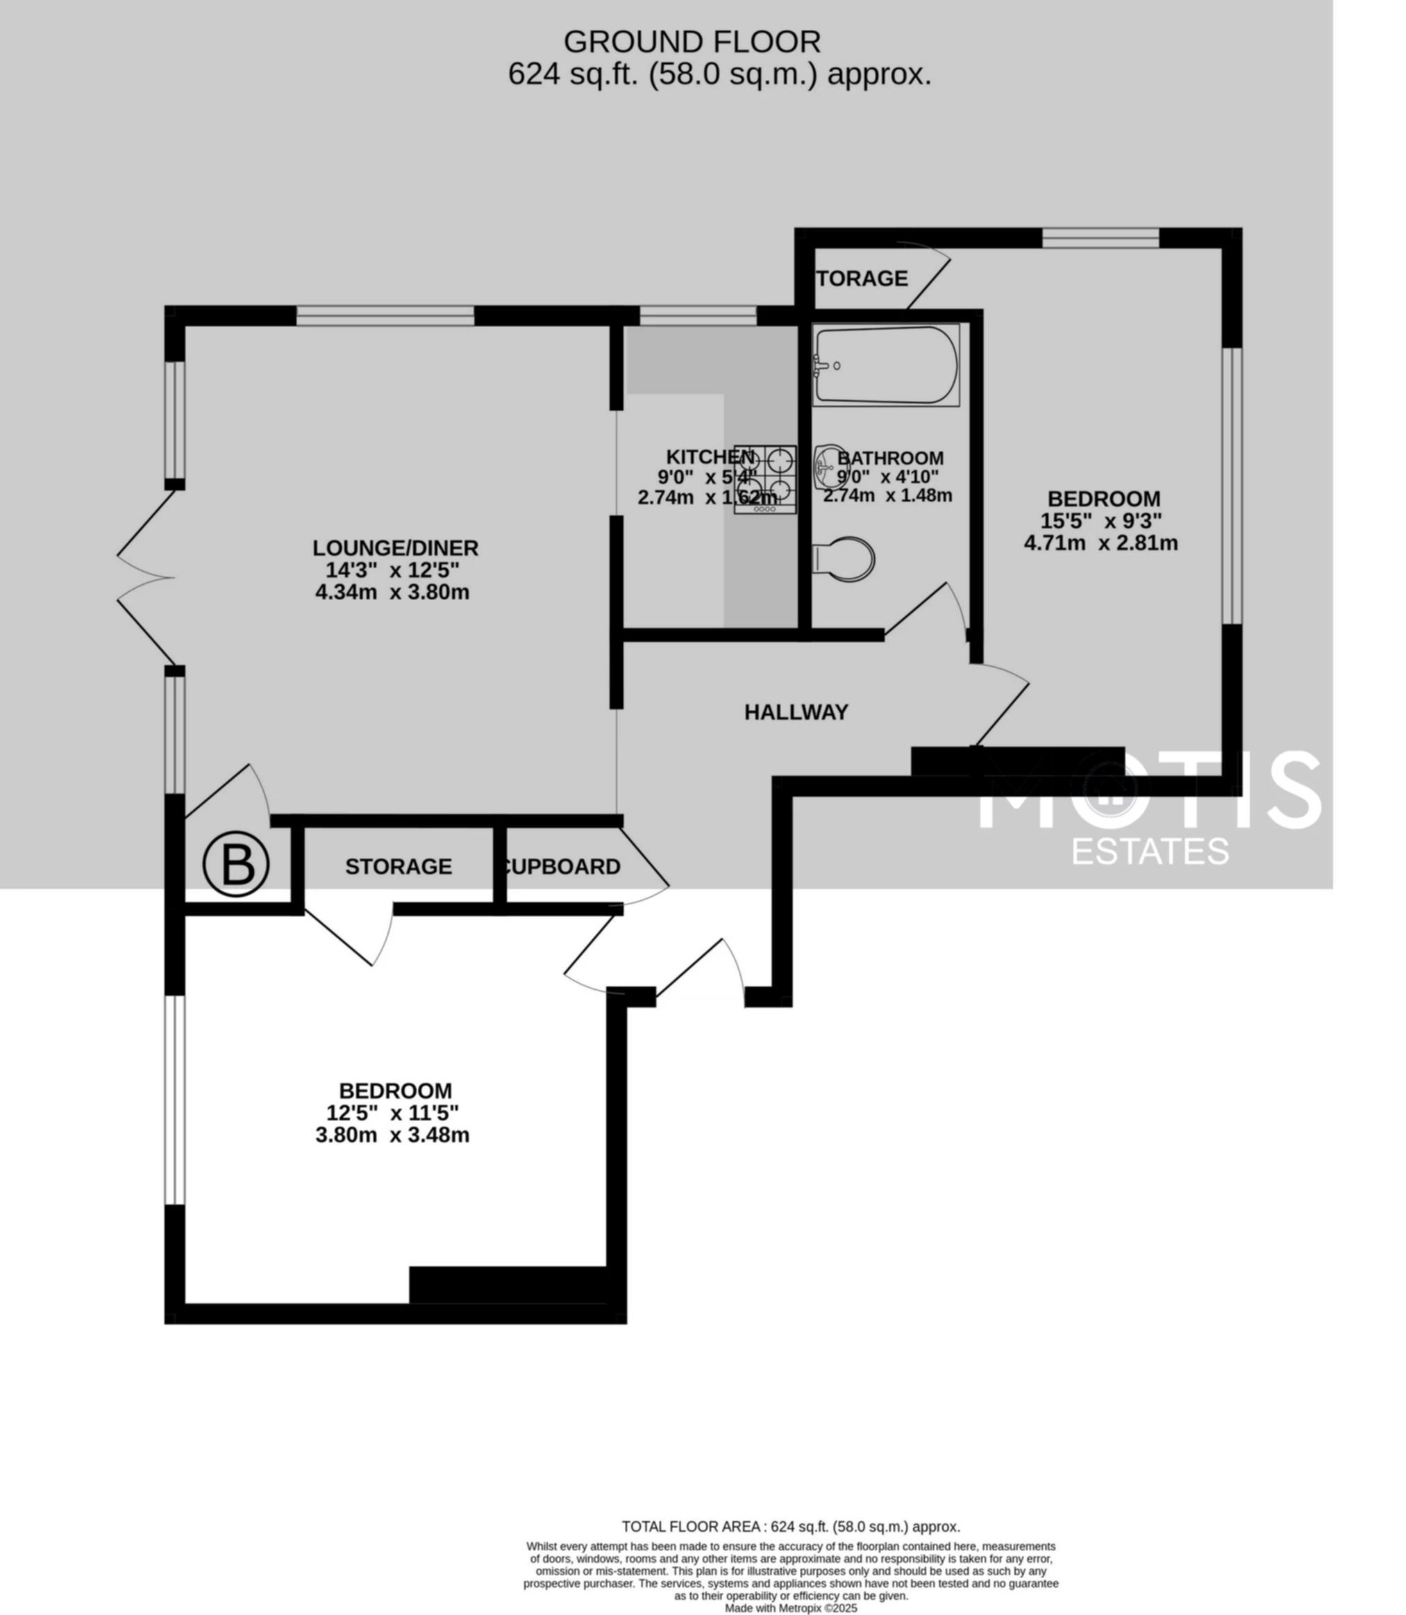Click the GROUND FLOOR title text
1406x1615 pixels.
point(692,41)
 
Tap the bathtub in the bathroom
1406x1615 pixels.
point(886,365)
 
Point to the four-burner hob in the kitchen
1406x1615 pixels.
point(765,479)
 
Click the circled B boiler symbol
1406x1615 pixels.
point(236,864)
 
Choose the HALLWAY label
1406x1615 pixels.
point(796,712)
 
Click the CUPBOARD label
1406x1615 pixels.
point(560,866)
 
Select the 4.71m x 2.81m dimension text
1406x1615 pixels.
point(1100,543)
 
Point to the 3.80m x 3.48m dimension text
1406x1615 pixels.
point(392,1135)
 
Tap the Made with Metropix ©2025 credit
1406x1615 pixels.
point(790,1608)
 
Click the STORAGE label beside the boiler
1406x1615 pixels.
point(398,866)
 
